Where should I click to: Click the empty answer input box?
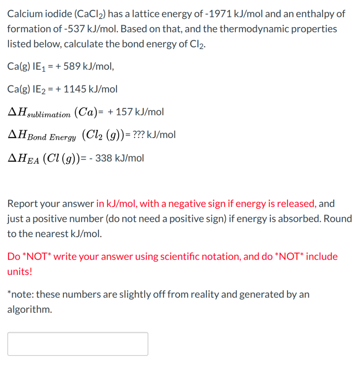click(x=78, y=343)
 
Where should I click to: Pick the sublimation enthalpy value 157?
click(x=124, y=112)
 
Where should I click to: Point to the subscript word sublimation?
click(x=48, y=114)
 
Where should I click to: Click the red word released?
click(x=298, y=204)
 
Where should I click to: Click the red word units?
click(x=20, y=272)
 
